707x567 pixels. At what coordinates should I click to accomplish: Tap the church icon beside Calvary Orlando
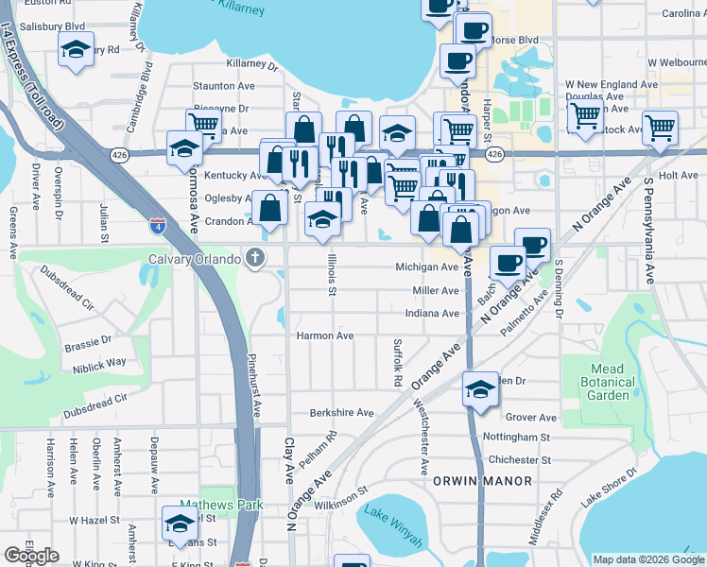(253, 258)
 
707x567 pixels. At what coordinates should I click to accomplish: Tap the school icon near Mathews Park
(179, 523)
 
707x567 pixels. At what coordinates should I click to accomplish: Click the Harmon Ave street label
(324, 335)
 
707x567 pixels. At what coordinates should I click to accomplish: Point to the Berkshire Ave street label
(342, 413)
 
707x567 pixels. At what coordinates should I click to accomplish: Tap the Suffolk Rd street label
(398, 365)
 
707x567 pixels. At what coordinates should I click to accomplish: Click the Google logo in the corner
(32, 555)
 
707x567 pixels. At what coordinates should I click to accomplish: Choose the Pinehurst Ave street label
(255, 387)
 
